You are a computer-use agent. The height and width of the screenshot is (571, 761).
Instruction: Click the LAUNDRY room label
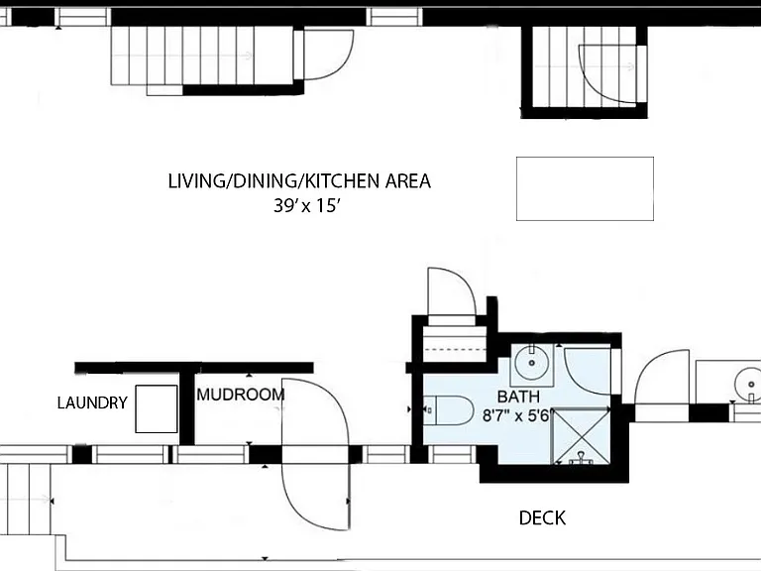pyautogui.click(x=92, y=402)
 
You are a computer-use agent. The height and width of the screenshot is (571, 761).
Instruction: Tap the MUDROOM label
pyautogui.click(x=240, y=395)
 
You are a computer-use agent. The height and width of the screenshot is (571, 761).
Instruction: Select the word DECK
pyautogui.click(x=542, y=518)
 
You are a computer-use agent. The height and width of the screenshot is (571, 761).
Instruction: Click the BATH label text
pyautogui.click(x=518, y=397)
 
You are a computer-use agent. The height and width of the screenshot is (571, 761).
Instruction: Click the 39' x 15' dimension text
pyautogui.click(x=305, y=206)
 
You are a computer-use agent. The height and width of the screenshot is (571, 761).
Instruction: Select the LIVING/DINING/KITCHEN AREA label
pyautogui.click(x=299, y=181)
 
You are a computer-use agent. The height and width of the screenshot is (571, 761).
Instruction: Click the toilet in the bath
pyautogui.click(x=448, y=410)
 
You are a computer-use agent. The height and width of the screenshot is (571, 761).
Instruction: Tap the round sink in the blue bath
pyautogui.click(x=531, y=363)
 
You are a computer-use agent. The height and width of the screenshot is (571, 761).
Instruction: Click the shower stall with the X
pyautogui.click(x=582, y=436)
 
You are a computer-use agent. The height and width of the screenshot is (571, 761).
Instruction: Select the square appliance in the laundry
pyautogui.click(x=157, y=408)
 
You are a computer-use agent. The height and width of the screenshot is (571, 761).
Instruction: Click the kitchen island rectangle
pyautogui.click(x=585, y=188)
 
